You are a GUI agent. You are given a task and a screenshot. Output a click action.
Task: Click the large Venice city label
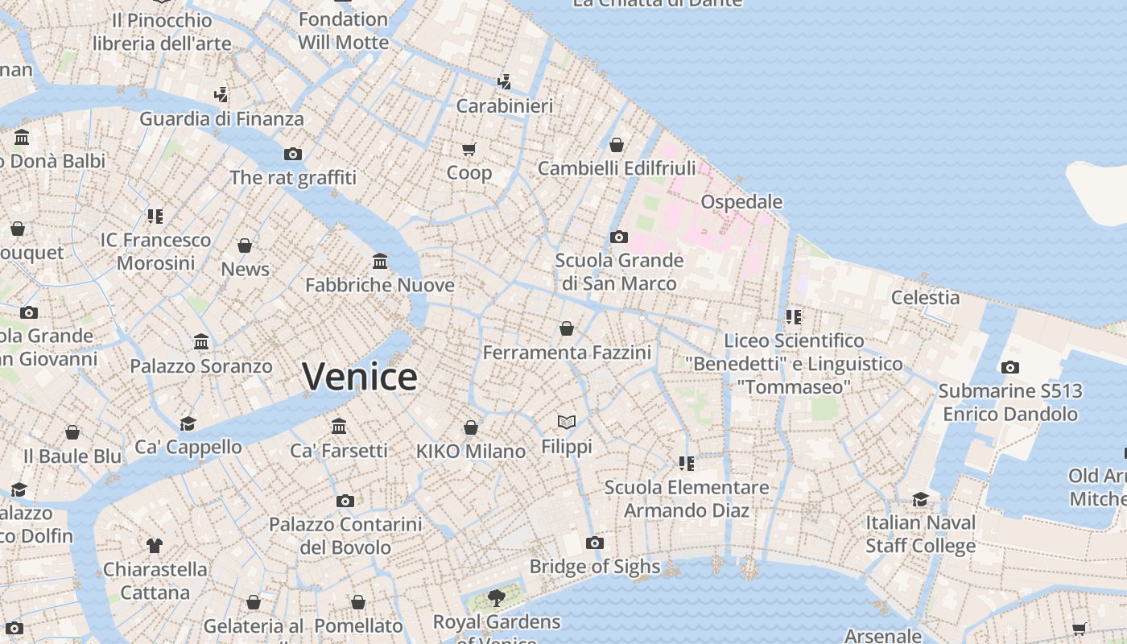[360, 377]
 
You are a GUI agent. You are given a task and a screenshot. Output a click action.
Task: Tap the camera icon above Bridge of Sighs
[595, 543]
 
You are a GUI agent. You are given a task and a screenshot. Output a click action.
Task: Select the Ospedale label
[741, 201]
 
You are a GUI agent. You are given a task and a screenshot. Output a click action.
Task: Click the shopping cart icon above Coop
[469, 149]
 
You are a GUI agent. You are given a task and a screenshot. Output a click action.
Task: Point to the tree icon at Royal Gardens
[497, 597]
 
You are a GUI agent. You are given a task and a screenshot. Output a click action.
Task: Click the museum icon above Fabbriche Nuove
[380, 262]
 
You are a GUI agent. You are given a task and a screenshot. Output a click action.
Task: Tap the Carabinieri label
[505, 106]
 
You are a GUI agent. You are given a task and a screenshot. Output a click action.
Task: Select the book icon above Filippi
[567, 423]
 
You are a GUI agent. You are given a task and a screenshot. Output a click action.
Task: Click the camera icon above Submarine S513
[1010, 368]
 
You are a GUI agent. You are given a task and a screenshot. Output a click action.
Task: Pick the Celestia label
[925, 298]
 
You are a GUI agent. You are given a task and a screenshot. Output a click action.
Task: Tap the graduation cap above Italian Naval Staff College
[920, 499]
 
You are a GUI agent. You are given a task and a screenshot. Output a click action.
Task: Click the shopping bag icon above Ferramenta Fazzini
[567, 328]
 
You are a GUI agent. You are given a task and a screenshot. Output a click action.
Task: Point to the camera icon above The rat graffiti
[293, 154]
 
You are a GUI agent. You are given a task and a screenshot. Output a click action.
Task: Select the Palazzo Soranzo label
[201, 366]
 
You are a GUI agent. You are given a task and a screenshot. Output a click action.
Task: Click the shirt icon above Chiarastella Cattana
[155, 546]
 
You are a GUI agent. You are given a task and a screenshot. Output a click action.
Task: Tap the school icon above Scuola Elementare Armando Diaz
[687, 463]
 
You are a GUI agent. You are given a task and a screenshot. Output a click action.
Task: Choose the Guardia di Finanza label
[222, 119]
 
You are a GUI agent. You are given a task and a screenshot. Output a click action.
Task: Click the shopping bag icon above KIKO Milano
[471, 427]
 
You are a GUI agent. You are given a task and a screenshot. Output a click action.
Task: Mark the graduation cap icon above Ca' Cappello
[188, 423]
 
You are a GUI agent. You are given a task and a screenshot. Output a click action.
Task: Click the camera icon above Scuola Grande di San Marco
[619, 237]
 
